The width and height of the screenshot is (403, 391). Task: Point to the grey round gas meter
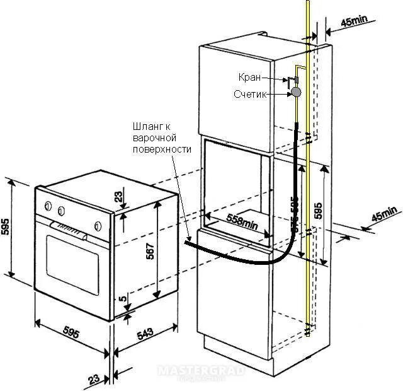click(295, 92)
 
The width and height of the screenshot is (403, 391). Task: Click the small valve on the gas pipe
click(293, 80)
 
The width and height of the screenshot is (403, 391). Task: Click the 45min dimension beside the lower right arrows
click(385, 214)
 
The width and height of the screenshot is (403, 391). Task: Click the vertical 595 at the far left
click(6, 227)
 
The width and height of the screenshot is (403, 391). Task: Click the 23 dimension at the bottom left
click(94, 379)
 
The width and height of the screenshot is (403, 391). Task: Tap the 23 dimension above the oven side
click(119, 197)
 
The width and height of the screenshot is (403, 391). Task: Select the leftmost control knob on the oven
click(48, 205)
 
